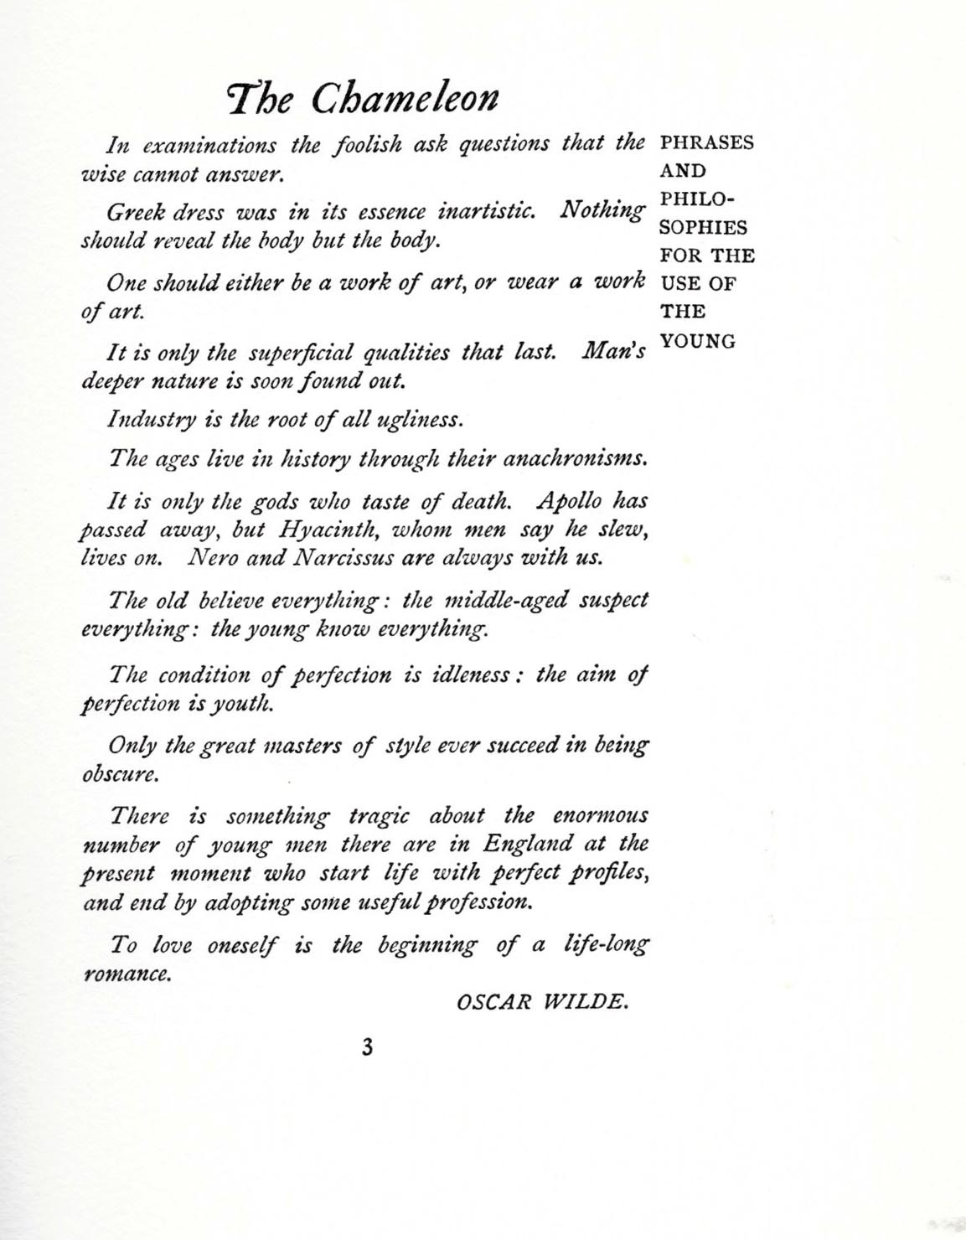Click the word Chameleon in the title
coord(406,100)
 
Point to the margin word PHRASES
coord(707,142)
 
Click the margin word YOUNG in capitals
coord(698,342)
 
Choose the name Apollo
coord(569,502)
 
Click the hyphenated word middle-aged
coord(508,601)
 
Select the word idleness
coord(465,675)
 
